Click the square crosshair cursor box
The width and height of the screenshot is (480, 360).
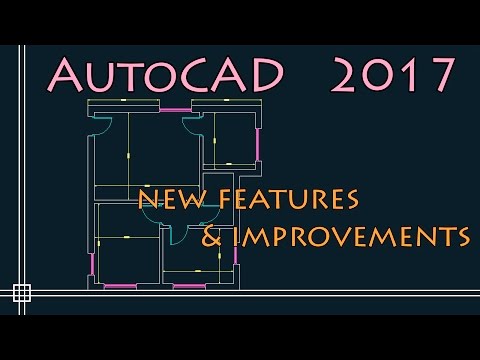[x=21, y=293]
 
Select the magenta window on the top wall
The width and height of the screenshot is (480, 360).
[x=174, y=109]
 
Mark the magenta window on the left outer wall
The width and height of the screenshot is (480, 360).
[x=92, y=264]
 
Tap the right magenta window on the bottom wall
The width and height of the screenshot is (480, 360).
[x=189, y=286]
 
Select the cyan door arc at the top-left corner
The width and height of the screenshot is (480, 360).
[x=101, y=125]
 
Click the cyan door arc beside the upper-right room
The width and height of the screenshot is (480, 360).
[x=192, y=125]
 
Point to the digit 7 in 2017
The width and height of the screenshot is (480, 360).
[x=441, y=73]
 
